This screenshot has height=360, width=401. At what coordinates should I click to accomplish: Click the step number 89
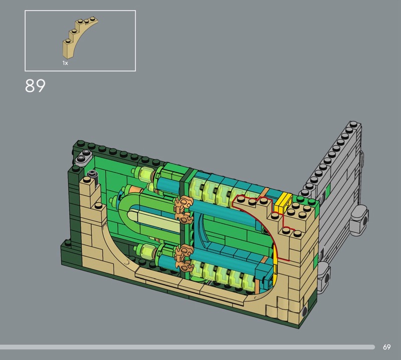[35, 86]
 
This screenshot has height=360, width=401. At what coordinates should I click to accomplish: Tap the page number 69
[386, 347]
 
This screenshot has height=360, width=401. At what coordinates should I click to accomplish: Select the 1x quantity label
[65, 63]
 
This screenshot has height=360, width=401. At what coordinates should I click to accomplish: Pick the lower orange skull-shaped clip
[183, 257]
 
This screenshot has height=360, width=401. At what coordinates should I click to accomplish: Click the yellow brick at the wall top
[283, 203]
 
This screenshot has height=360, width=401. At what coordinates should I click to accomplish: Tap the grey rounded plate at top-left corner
[84, 156]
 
